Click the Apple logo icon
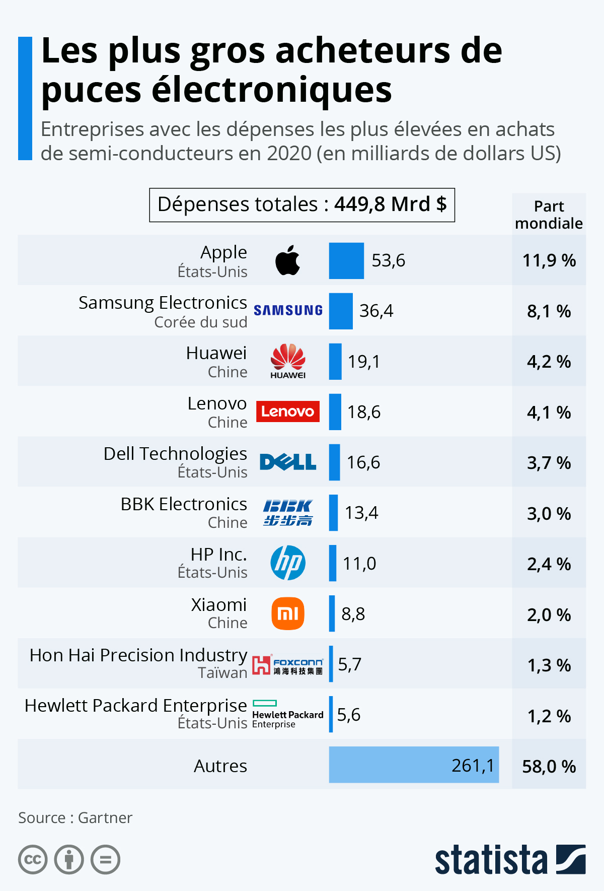click(x=288, y=260)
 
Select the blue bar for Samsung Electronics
click(x=341, y=311)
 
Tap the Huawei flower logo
click(x=288, y=357)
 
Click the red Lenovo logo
click(x=288, y=412)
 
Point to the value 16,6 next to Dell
click(x=363, y=462)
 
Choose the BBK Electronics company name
click(x=184, y=504)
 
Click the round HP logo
click(x=288, y=563)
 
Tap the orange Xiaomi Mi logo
click(x=288, y=613)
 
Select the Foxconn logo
click(x=288, y=665)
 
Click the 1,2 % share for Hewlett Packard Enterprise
click(x=549, y=716)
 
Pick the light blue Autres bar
click(x=414, y=765)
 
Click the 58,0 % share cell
click(x=549, y=766)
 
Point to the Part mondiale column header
click(x=549, y=215)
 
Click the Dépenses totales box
click(x=302, y=205)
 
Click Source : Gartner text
click(x=75, y=817)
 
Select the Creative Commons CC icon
click(x=33, y=859)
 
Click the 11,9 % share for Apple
click(x=549, y=260)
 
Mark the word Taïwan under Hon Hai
click(x=222, y=673)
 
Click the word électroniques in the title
click(x=272, y=90)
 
